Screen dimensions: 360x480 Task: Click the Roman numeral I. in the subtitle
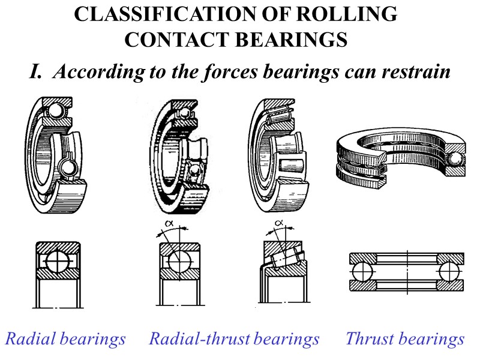[37, 72]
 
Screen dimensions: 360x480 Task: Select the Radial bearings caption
[65, 339]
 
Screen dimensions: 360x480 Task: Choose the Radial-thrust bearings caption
[234, 339]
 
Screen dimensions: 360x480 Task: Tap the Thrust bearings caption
[404, 339]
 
